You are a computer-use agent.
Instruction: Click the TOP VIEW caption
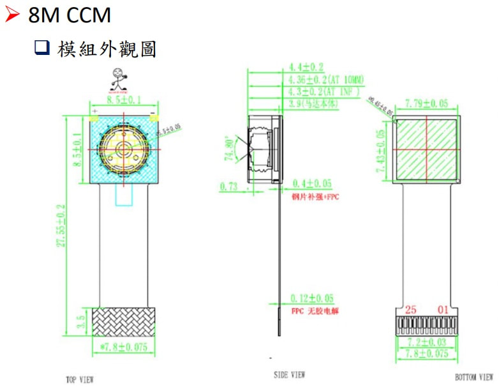coord(80,379)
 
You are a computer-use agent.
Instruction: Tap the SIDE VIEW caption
coord(289,375)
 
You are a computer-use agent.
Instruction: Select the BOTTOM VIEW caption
coord(474,377)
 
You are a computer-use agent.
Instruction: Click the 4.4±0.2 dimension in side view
coord(306,66)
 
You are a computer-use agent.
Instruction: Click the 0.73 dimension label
coord(228,187)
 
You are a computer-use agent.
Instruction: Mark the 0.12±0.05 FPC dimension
coord(312,298)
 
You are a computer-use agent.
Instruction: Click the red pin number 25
coord(410,310)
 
